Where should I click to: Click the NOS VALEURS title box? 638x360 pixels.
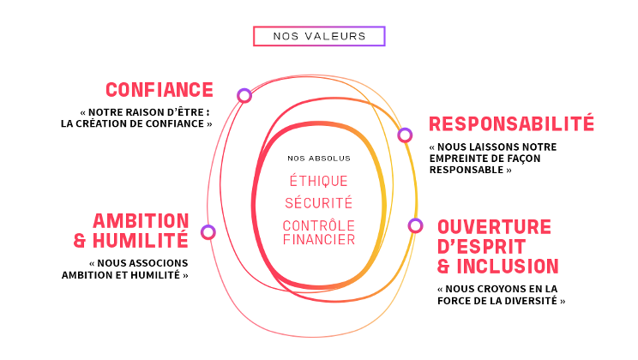pos(319,36)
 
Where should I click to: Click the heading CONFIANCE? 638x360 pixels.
pos(159,89)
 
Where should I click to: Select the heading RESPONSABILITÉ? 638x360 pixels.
pos(511,123)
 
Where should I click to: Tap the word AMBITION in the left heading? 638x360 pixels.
pos(141,220)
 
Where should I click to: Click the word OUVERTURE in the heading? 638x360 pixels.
pos(494,227)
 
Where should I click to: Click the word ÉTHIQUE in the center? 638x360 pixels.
pos(318,181)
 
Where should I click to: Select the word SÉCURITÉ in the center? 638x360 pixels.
pos(318,204)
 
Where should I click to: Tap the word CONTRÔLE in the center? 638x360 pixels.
pos(318,225)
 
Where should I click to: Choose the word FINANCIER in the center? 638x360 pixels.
pos(318,240)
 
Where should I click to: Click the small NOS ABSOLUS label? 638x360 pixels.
pos(319,159)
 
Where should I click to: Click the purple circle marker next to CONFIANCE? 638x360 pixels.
pos(244,95)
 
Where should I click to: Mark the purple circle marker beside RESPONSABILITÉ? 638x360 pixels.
pos(405,135)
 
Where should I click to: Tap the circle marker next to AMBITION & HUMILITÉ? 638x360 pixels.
pos(208,231)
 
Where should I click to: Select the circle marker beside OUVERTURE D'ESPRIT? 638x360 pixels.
pos(415,225)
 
